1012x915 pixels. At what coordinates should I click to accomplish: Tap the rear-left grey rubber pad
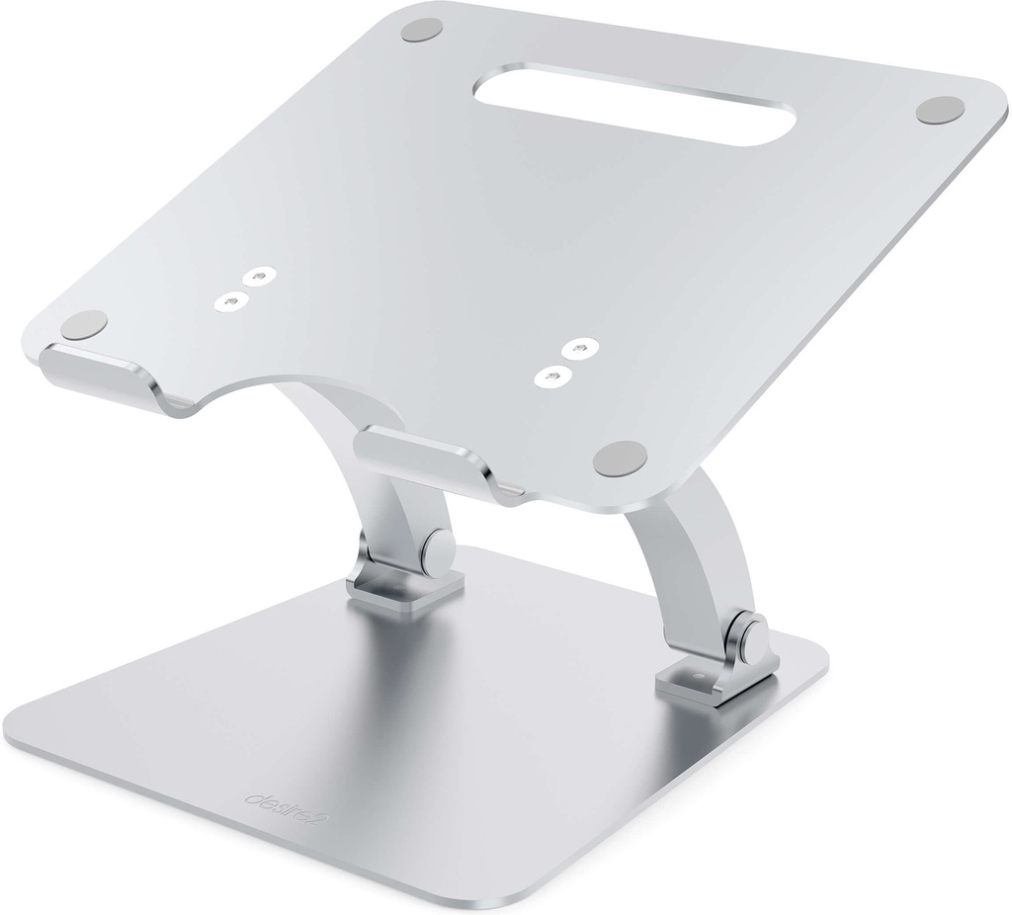pos(422,31)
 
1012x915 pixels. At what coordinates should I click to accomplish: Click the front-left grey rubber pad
pos(84,323)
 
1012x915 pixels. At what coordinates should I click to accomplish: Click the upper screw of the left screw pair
pos(259,279)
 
